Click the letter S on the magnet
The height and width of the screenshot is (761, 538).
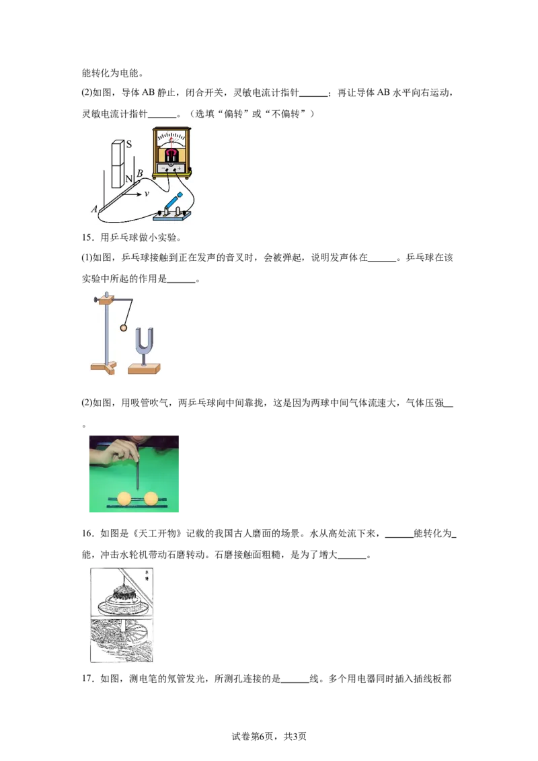[129, 144]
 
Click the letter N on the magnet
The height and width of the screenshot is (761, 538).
[128, 179]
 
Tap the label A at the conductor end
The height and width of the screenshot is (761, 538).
[94, 209]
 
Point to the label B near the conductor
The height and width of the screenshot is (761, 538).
[140, 173]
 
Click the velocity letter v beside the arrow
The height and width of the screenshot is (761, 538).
[147, 194]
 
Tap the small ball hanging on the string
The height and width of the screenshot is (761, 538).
[123, 328]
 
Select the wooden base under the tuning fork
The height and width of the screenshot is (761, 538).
[144, 369]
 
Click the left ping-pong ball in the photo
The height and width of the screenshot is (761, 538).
[124, 498]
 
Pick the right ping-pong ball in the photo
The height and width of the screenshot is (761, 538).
[151, 498]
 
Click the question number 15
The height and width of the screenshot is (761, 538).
[87, 237]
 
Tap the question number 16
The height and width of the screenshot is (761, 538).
[87, 533]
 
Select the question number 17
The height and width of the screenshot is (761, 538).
[87, 678]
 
